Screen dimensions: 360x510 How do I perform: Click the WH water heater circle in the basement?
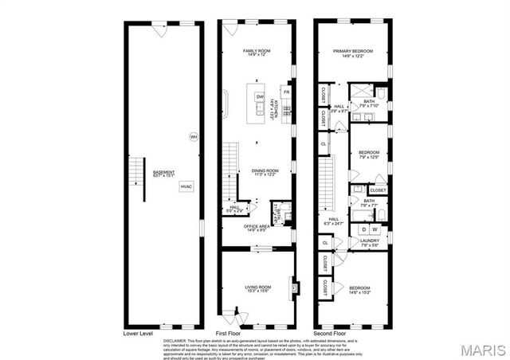193,136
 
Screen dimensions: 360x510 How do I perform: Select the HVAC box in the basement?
186,186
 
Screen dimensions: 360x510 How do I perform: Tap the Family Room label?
257,53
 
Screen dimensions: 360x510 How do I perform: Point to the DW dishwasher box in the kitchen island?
260,97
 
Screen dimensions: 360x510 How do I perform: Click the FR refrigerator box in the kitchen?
286,92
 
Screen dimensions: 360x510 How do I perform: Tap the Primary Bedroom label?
353,53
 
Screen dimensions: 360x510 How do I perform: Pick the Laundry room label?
369,242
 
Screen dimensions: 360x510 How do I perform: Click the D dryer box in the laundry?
364,229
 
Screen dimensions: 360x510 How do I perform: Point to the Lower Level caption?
138,332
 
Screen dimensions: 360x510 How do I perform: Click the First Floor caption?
228,332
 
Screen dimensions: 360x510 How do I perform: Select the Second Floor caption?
328,332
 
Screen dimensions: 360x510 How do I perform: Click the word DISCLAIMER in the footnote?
175,339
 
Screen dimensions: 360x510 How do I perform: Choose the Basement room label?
141,176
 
